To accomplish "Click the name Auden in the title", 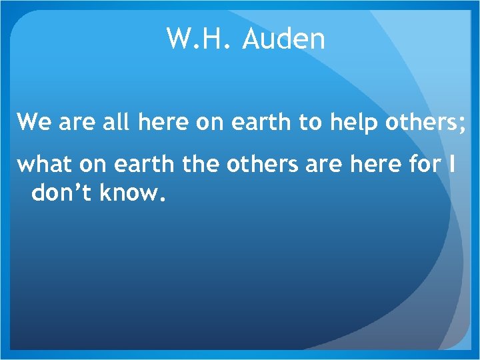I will tap(284, 39).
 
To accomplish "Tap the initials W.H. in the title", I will tap(199, 39).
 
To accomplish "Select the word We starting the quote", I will tap(31, 123).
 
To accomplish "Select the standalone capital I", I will tap(453, 165).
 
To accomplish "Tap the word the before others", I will tap(201, 165).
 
